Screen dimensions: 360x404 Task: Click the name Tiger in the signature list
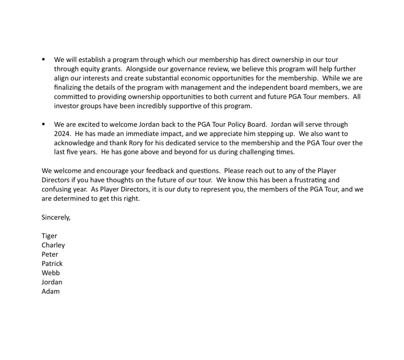[49, 236]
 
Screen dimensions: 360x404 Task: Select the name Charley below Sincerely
[53, 245]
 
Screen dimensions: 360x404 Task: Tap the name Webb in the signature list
[51, 273]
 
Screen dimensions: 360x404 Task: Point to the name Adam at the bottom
[51, 292]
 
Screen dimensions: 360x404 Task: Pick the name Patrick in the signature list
[52, 264]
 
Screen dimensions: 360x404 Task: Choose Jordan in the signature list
[52, 282]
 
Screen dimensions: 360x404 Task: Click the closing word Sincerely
[56, 218]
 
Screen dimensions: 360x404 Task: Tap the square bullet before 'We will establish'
[44, 60]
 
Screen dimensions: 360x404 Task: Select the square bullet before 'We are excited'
[44, 124]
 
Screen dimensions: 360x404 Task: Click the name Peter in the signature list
[50, 255]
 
